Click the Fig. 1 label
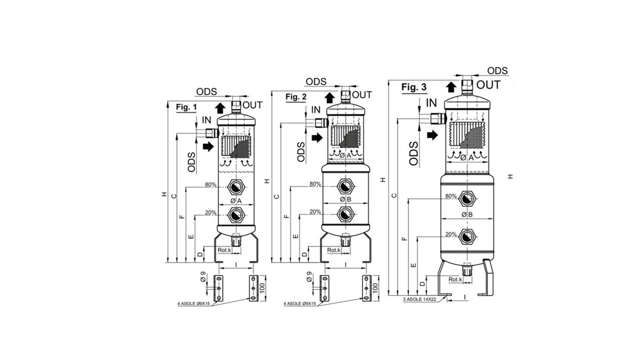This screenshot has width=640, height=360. click(186, 107)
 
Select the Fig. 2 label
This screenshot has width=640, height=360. click(296, 97)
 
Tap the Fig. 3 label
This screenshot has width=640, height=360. click(414, 87)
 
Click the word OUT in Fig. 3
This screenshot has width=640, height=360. click(488, 85)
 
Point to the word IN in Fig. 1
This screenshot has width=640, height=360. click(206, 120)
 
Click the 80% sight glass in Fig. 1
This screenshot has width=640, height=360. click(236, 187)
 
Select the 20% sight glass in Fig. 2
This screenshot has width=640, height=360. click(345, 214)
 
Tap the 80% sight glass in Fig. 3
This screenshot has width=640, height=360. click(467, 199)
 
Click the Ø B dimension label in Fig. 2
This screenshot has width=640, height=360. click(345, 199)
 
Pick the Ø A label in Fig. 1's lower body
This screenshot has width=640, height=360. click(236, 201)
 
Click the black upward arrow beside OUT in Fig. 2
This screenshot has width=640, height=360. click(329, 98)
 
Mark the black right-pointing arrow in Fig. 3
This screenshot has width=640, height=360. click(432, 134)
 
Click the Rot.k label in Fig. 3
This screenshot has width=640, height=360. click(455, 279)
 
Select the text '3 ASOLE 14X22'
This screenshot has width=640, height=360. click(419, 299)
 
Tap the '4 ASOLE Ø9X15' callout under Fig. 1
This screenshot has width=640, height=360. click(193, 303)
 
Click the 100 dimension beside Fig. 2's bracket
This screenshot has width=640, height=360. click(375, 288)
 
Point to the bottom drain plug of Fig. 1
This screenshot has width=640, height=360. click(236, 239)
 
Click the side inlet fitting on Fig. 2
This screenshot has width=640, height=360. click(321, 123)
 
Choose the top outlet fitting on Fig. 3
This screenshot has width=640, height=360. click(467, 87)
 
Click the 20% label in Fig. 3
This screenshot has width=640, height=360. click(451, 234)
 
